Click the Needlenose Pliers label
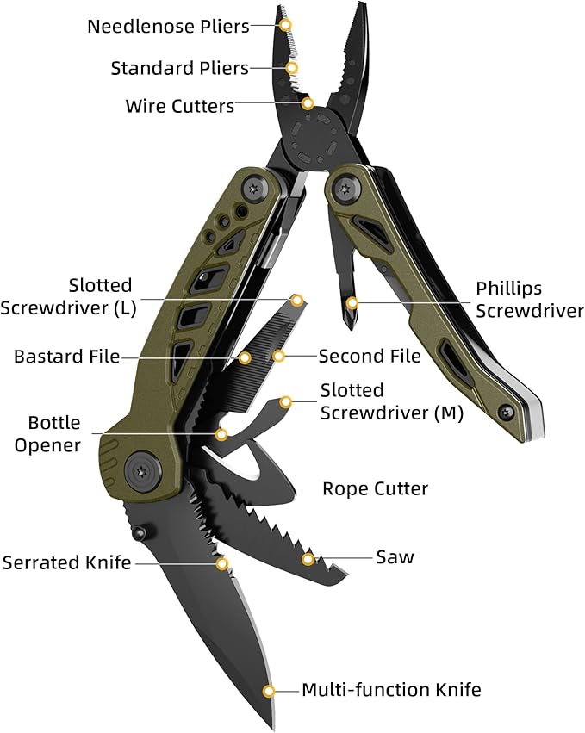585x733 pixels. [167, 26]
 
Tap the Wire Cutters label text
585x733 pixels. [179, 107]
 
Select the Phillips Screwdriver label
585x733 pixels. [530, 299]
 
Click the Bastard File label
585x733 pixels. [66, 356]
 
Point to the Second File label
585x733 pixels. [370, 356]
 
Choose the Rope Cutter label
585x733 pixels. [375, 489]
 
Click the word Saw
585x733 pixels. [395, 557]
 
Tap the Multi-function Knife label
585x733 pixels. [391, 690]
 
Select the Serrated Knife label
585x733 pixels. [66, 563]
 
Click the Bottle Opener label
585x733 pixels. [54, 433]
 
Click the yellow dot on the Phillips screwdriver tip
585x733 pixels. [351, 302]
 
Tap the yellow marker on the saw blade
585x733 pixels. [307, 560]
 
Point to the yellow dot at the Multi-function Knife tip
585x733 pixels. [269, 691]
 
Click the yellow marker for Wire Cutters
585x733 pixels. [308, 103]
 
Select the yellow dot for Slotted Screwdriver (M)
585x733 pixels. [286, 401]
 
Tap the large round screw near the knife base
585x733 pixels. [142, 469]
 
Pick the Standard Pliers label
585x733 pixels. [179, 67]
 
